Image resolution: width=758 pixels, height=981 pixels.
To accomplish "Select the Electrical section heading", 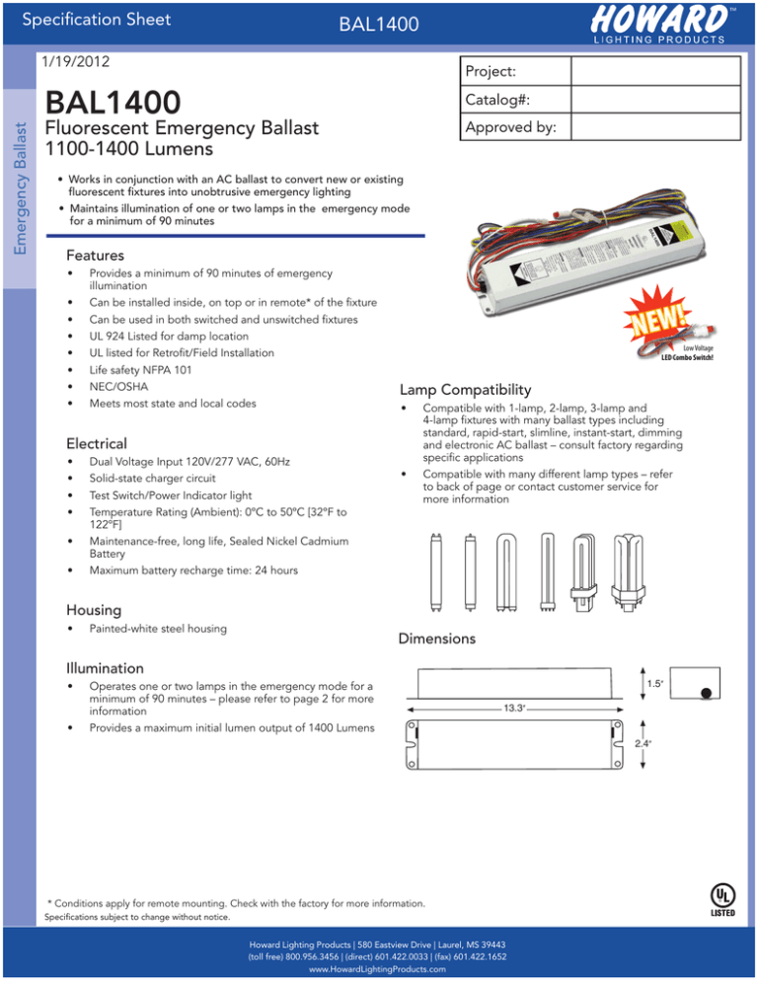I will [97, 444].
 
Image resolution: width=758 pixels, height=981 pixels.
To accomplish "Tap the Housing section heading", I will [95, 610].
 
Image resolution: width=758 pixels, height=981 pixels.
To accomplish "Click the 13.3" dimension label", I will [513, 708].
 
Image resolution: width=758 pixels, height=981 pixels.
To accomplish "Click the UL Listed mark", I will [721, 898].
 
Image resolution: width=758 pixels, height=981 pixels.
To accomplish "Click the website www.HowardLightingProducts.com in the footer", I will [379, 969].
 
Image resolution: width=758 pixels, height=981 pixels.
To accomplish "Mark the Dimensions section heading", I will [436, 639].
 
